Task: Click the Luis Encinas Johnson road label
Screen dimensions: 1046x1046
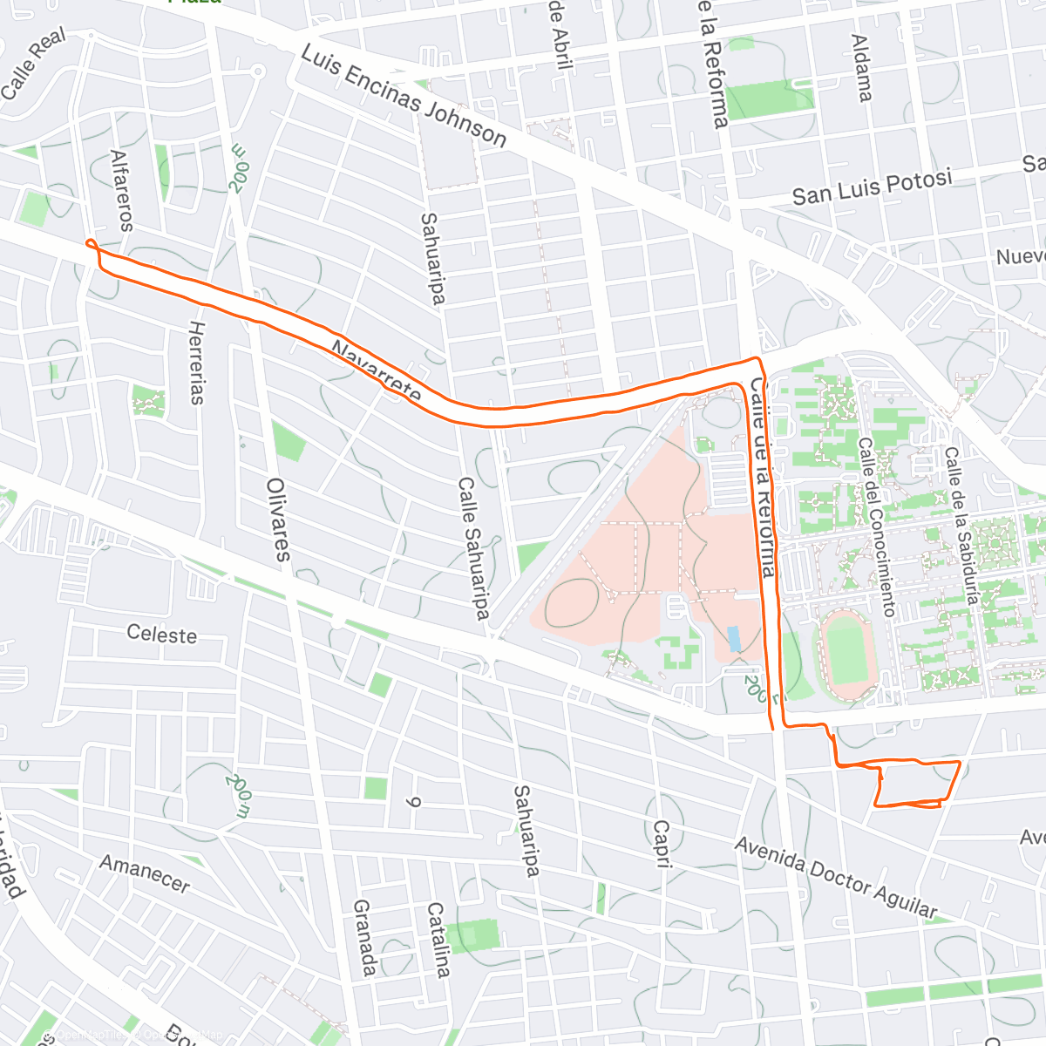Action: point(404,96)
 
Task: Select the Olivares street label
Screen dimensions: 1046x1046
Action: point(278,519)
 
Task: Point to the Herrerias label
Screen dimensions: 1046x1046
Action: point(197,363)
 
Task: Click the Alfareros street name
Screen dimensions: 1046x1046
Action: point(121,190)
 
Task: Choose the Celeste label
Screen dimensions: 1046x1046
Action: point(162,635)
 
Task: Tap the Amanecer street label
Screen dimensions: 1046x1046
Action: point(145,874)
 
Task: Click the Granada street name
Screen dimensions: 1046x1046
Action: point(365,938)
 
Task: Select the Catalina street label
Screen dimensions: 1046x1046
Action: point(438,940)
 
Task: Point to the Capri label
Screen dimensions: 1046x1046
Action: point(663,844)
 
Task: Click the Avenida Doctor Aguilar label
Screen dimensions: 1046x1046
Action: point(836,878)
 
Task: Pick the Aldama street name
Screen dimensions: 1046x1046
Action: point(861,68)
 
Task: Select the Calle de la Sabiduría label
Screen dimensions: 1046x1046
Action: point(963,526)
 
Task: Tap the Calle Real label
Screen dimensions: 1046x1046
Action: point(33,65)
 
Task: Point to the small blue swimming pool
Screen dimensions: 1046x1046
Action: point(735,639)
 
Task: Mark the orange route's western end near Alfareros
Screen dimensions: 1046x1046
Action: point(90,243)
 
